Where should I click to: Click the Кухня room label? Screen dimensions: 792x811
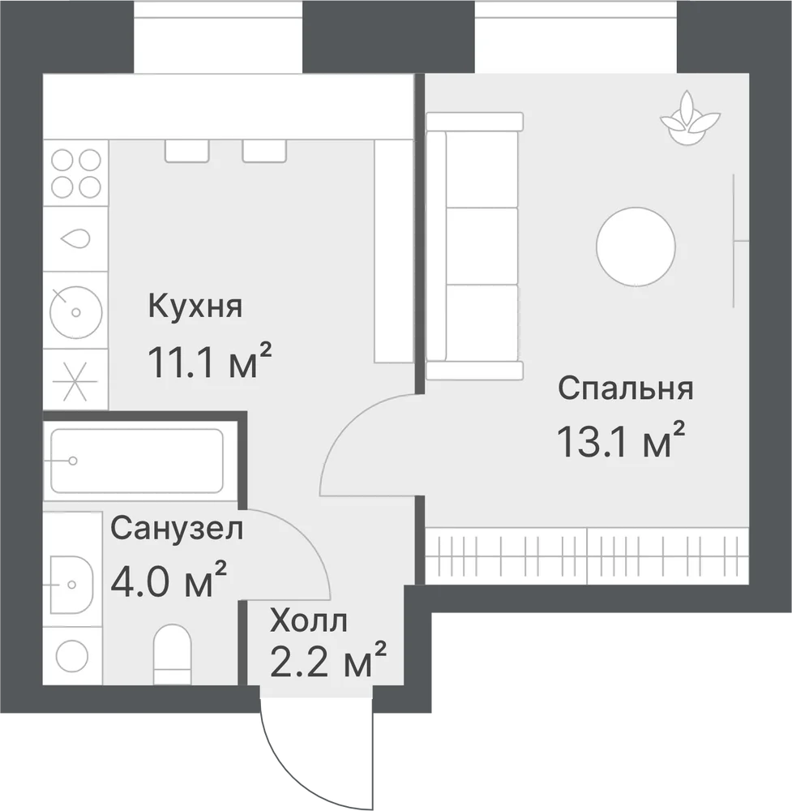click(x=195, y=307)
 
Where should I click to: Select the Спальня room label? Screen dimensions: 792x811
click(x=626, y=388)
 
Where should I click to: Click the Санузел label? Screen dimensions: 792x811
click(x=177, y=529)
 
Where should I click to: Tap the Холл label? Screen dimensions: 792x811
click(x=309, y=621)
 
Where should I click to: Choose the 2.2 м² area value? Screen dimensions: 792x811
click(x=328, y=659)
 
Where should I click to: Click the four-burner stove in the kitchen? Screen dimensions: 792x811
click(x=75, y=174)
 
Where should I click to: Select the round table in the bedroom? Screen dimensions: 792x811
click(x=636, y=247)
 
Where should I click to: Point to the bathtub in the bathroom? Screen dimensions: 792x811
click(x=137, y=461)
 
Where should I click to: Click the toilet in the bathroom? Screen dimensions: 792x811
click(x=173, y=654)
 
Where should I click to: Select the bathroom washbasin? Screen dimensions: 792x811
click(x=72, y=585)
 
